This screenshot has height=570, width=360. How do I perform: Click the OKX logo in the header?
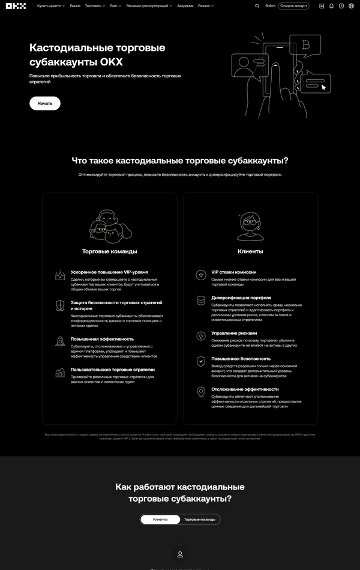(17, 6)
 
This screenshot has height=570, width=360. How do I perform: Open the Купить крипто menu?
(50, 6)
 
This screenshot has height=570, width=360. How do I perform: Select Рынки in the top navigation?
(75, 6)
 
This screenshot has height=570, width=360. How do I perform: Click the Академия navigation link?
(185, 6)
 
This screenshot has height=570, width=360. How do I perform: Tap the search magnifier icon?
(257, 6)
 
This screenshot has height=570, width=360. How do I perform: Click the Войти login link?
(270, 6)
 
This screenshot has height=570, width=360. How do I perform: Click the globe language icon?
(351, 6)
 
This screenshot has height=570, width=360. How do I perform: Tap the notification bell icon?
(332, 6)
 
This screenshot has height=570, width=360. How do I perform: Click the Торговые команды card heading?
(110, 251)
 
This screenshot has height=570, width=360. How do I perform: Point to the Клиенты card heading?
(250, 251)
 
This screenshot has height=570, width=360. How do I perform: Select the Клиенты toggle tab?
(160, 519)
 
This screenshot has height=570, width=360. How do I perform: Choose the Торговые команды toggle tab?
(200, 519)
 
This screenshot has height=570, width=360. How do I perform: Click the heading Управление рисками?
(234, 333)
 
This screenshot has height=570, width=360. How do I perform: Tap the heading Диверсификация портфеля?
(241, 297)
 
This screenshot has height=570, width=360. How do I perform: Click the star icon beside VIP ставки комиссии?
(201, 275)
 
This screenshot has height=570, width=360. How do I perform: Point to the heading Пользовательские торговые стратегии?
(113, 370)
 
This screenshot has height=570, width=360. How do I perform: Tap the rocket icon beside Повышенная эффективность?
(60, 342)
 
